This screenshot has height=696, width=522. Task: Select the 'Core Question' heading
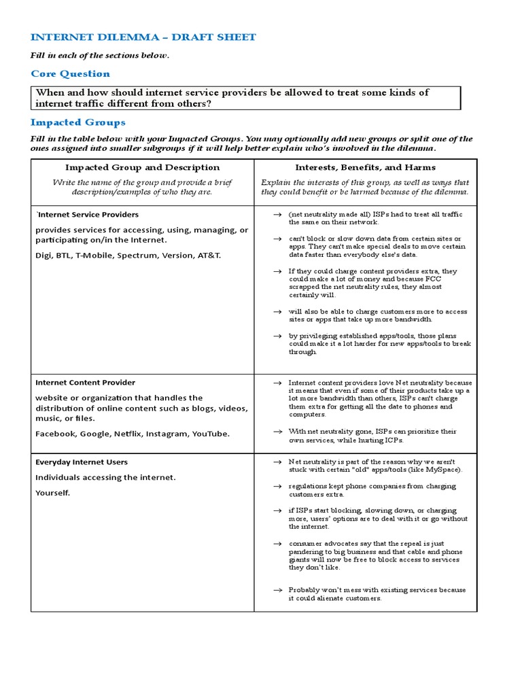70,73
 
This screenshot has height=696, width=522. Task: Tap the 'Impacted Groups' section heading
77,122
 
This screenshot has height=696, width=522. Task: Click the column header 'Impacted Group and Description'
142,167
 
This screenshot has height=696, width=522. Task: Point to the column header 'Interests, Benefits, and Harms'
365,167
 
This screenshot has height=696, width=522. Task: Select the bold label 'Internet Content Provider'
85,383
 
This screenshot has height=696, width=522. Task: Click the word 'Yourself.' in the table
52,493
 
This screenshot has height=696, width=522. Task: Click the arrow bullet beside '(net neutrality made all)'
277,215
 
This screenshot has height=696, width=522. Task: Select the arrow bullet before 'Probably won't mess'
277,591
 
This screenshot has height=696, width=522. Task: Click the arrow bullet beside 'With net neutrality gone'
277,432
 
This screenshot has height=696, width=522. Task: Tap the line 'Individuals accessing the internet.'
105,478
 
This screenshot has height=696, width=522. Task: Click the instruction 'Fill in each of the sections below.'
99,56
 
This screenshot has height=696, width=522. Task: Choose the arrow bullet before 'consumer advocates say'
277,544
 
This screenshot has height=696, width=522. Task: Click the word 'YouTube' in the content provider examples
210,434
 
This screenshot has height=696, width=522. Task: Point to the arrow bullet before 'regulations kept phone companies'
277,487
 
